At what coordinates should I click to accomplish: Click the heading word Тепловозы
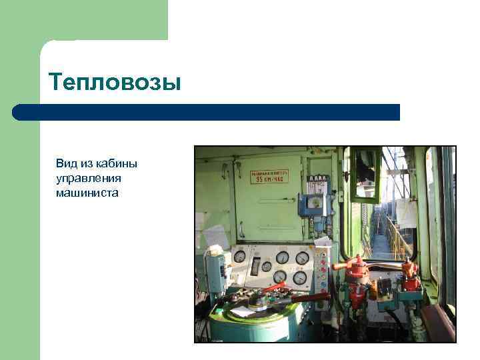[115, 83]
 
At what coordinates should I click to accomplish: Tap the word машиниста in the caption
[87, 193]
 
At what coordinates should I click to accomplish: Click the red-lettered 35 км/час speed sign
[270, 177]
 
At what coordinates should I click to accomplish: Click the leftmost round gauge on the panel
[239, 256]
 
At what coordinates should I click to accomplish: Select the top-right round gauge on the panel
[302, 258]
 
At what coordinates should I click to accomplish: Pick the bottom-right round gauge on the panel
[299, 277]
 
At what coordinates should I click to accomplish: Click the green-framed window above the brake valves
[367, 175]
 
